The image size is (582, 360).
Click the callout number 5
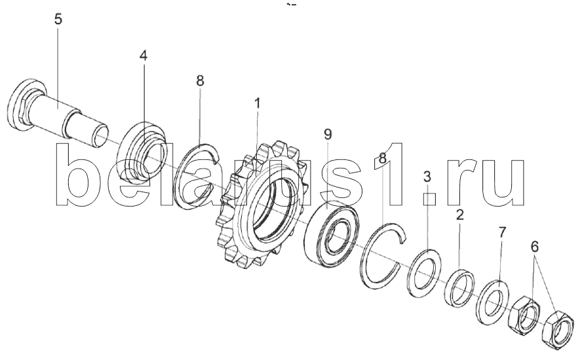pyautogui.click(x=58, y=19)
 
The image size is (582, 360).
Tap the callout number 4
pyautogui.click(x=143, y=56)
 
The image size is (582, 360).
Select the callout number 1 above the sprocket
pyautogui.click(x=257, y=104)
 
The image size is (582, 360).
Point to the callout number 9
pyautogui.click(x=328, y=134)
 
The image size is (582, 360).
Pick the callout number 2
pyautogui.click(x=460, y=214)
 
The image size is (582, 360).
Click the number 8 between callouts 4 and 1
pyautogui.click(x=200, y=81)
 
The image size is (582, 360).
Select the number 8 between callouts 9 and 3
pyautogui.click(x=383, y=158)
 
